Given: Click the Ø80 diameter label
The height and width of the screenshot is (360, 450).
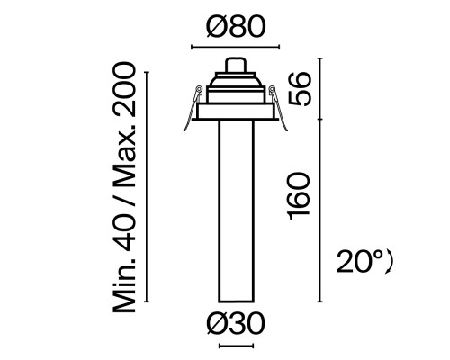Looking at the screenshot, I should point(236,29).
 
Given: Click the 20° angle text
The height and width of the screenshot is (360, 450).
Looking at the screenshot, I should point(364,262).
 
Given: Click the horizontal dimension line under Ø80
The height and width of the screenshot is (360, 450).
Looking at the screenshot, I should point(236,47).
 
